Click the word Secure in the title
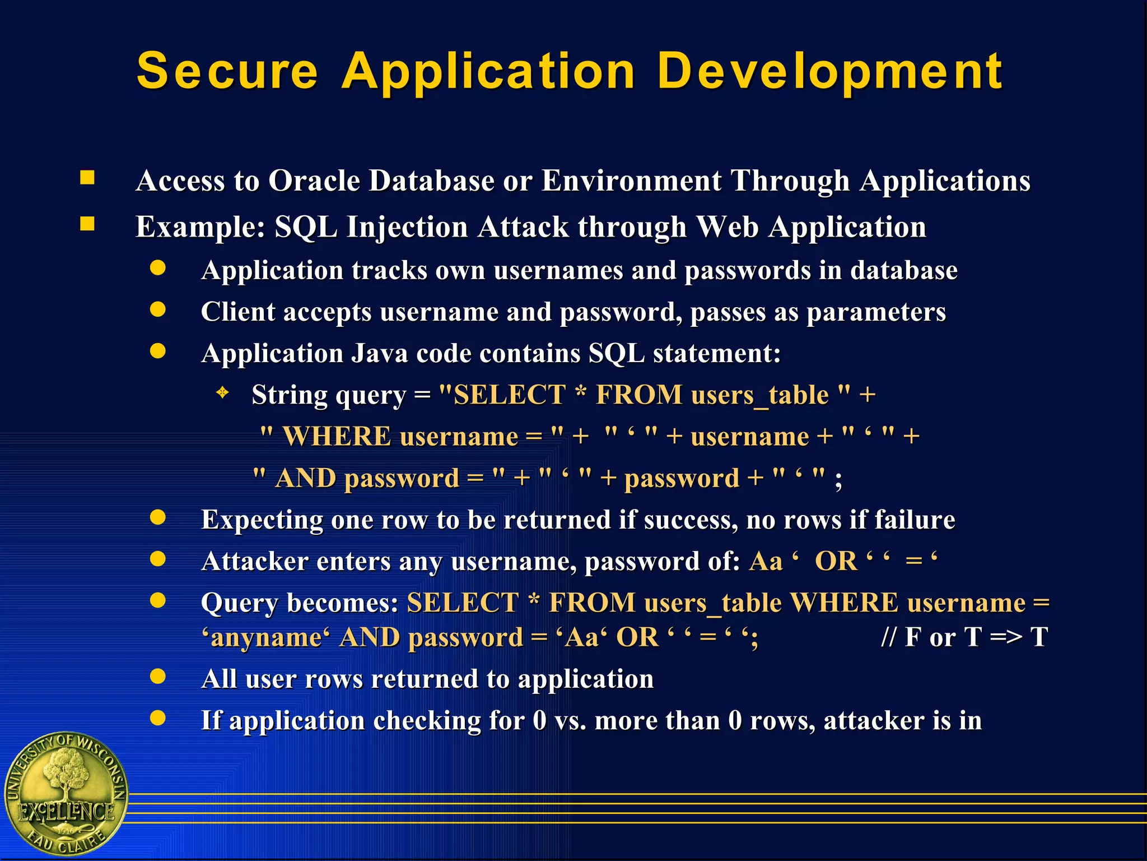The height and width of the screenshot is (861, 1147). pyautogui.click(x=227, y=71)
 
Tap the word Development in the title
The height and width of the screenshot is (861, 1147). pyautogui.click(x=829, y=71)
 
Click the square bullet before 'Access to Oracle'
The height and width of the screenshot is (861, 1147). pyautogui.click(x=87, y=178)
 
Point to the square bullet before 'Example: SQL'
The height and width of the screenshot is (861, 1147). pyautogui.click(x=87, y=224)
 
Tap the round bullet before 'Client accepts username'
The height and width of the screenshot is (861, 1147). pyautogui.click(x=158, y=309)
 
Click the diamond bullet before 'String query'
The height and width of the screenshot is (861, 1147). pyautogui.click(x=223, y=392)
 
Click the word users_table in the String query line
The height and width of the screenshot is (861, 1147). pyautogui.click(x=759, y=395)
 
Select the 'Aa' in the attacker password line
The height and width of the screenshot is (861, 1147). pyautogui.click(x=766, y=562)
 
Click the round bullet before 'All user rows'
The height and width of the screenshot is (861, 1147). pyautogui.click(x=158, y=677)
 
